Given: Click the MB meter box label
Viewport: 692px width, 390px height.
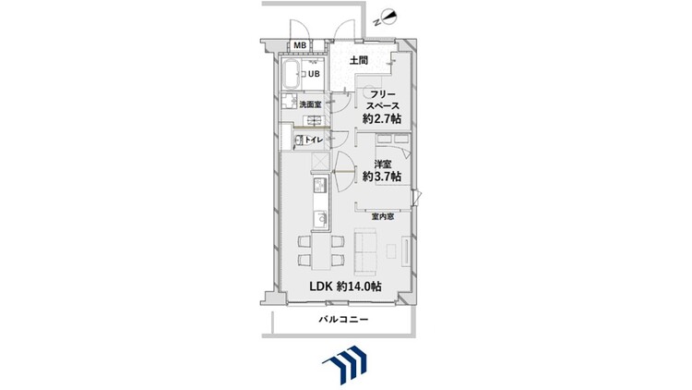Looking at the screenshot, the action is (300, 45).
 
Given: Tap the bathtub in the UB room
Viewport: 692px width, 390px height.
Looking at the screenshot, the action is (291, 74).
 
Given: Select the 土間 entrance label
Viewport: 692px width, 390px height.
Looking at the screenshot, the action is (359, 61).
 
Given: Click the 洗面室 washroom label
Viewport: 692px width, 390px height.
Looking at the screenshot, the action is (310, 104).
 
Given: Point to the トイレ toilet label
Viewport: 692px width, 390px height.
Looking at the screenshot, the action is (315, 140).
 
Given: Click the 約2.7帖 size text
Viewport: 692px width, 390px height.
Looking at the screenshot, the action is (382, 118).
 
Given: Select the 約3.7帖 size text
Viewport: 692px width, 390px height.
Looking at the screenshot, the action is (382, 177).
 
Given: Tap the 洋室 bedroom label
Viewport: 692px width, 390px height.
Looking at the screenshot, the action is (383, 165).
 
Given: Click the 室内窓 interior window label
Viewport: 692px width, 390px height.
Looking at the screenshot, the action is (383, 216).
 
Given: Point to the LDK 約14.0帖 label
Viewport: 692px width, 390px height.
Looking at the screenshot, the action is (346, 286).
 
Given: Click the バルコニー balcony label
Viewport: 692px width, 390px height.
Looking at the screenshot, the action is (344, 319).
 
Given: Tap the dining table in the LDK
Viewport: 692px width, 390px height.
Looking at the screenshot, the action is (321, 251).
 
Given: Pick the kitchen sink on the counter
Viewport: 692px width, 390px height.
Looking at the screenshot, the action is (321, 219).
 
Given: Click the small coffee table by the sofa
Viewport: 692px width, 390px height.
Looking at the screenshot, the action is (391, 250).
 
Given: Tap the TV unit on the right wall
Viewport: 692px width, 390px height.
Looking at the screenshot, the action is (406, 251).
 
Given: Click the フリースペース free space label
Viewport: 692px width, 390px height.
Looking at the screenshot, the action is (382, 100).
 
